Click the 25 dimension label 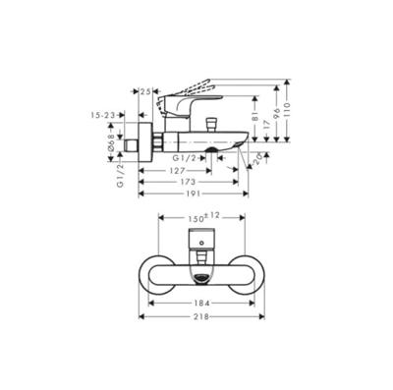click(x=146, y=91)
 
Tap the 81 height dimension click(x=253, y=123)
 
